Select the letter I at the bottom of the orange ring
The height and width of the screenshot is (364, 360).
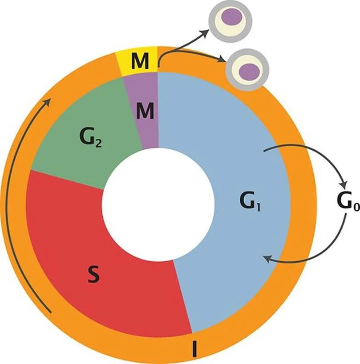tap(194, 349)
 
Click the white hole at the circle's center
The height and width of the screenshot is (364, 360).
tap(158, 204)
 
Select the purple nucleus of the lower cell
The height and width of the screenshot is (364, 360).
tap(250, 70)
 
